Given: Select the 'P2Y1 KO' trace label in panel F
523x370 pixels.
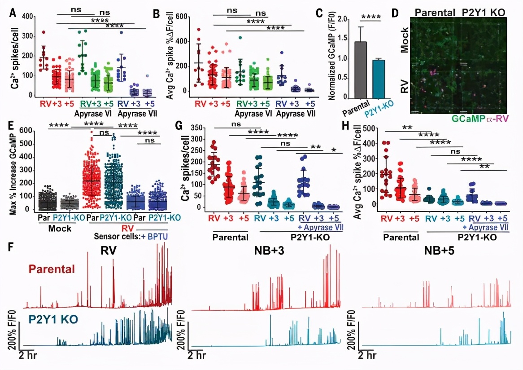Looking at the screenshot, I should point(52,320).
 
